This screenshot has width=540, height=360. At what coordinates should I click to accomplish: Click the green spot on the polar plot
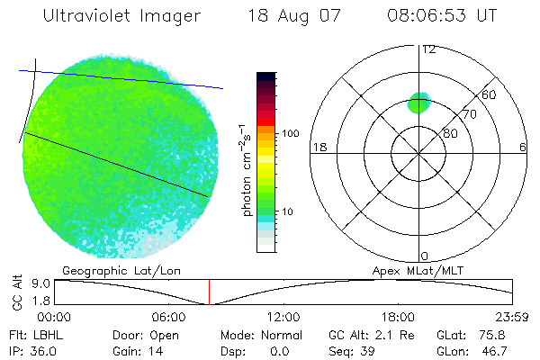(x=419, y=102)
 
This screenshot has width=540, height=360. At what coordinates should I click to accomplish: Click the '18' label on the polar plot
(x=318, y=147)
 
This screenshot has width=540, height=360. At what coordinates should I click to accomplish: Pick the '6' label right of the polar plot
(x=523, y=147)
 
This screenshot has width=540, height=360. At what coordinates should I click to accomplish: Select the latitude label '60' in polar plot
(x=490, y=94)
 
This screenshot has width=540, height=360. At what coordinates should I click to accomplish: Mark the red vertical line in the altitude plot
(x=209, y=292)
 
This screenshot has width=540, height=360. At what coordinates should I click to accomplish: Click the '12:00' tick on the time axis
(x=283, y=317)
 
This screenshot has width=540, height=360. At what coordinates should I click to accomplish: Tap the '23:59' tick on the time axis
(x=512, y=317)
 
